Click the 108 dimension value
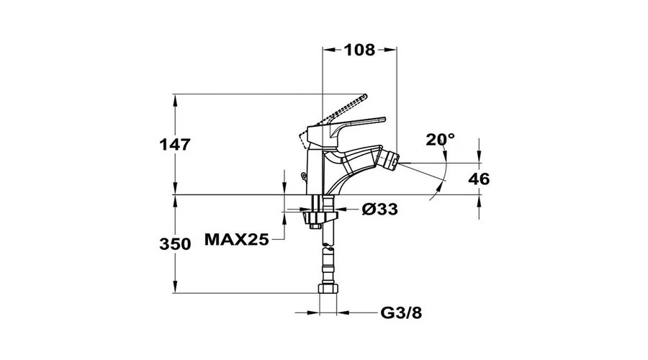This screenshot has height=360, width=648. [359, 50]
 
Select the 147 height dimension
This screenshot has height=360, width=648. [175, 145]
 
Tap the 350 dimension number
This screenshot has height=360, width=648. [175, 244]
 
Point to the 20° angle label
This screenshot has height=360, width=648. [441, 140]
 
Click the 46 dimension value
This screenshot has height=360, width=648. [479, 179]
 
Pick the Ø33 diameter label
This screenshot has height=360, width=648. [379, 209]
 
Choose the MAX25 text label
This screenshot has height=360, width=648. [237, 239]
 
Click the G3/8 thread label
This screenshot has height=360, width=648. [401, 313]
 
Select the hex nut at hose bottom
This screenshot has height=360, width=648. [328, 288]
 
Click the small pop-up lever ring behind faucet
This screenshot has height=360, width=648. [305, 177]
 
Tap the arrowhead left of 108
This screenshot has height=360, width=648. [329, 50]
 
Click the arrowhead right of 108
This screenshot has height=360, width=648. [390, 50]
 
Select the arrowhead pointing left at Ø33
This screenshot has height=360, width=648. [344, 209]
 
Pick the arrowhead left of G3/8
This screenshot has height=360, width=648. [313, 313]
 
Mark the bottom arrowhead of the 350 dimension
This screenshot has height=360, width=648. [175, 287]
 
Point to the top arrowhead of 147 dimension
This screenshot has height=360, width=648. [175, 101]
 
